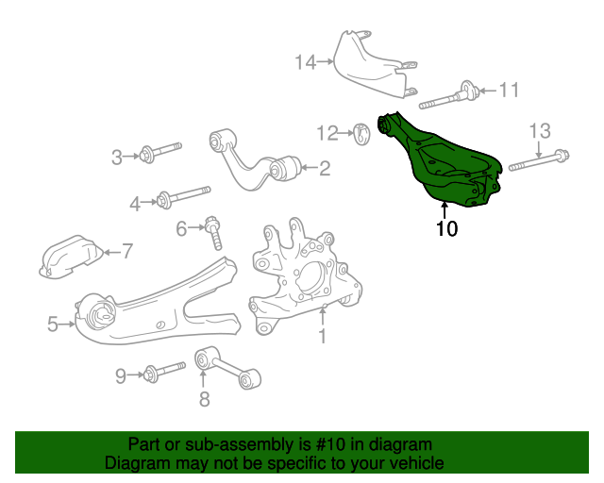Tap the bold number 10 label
445,228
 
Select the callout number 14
304,62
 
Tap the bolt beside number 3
163,152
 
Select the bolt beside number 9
165,374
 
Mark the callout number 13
538,130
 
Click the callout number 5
53,325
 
